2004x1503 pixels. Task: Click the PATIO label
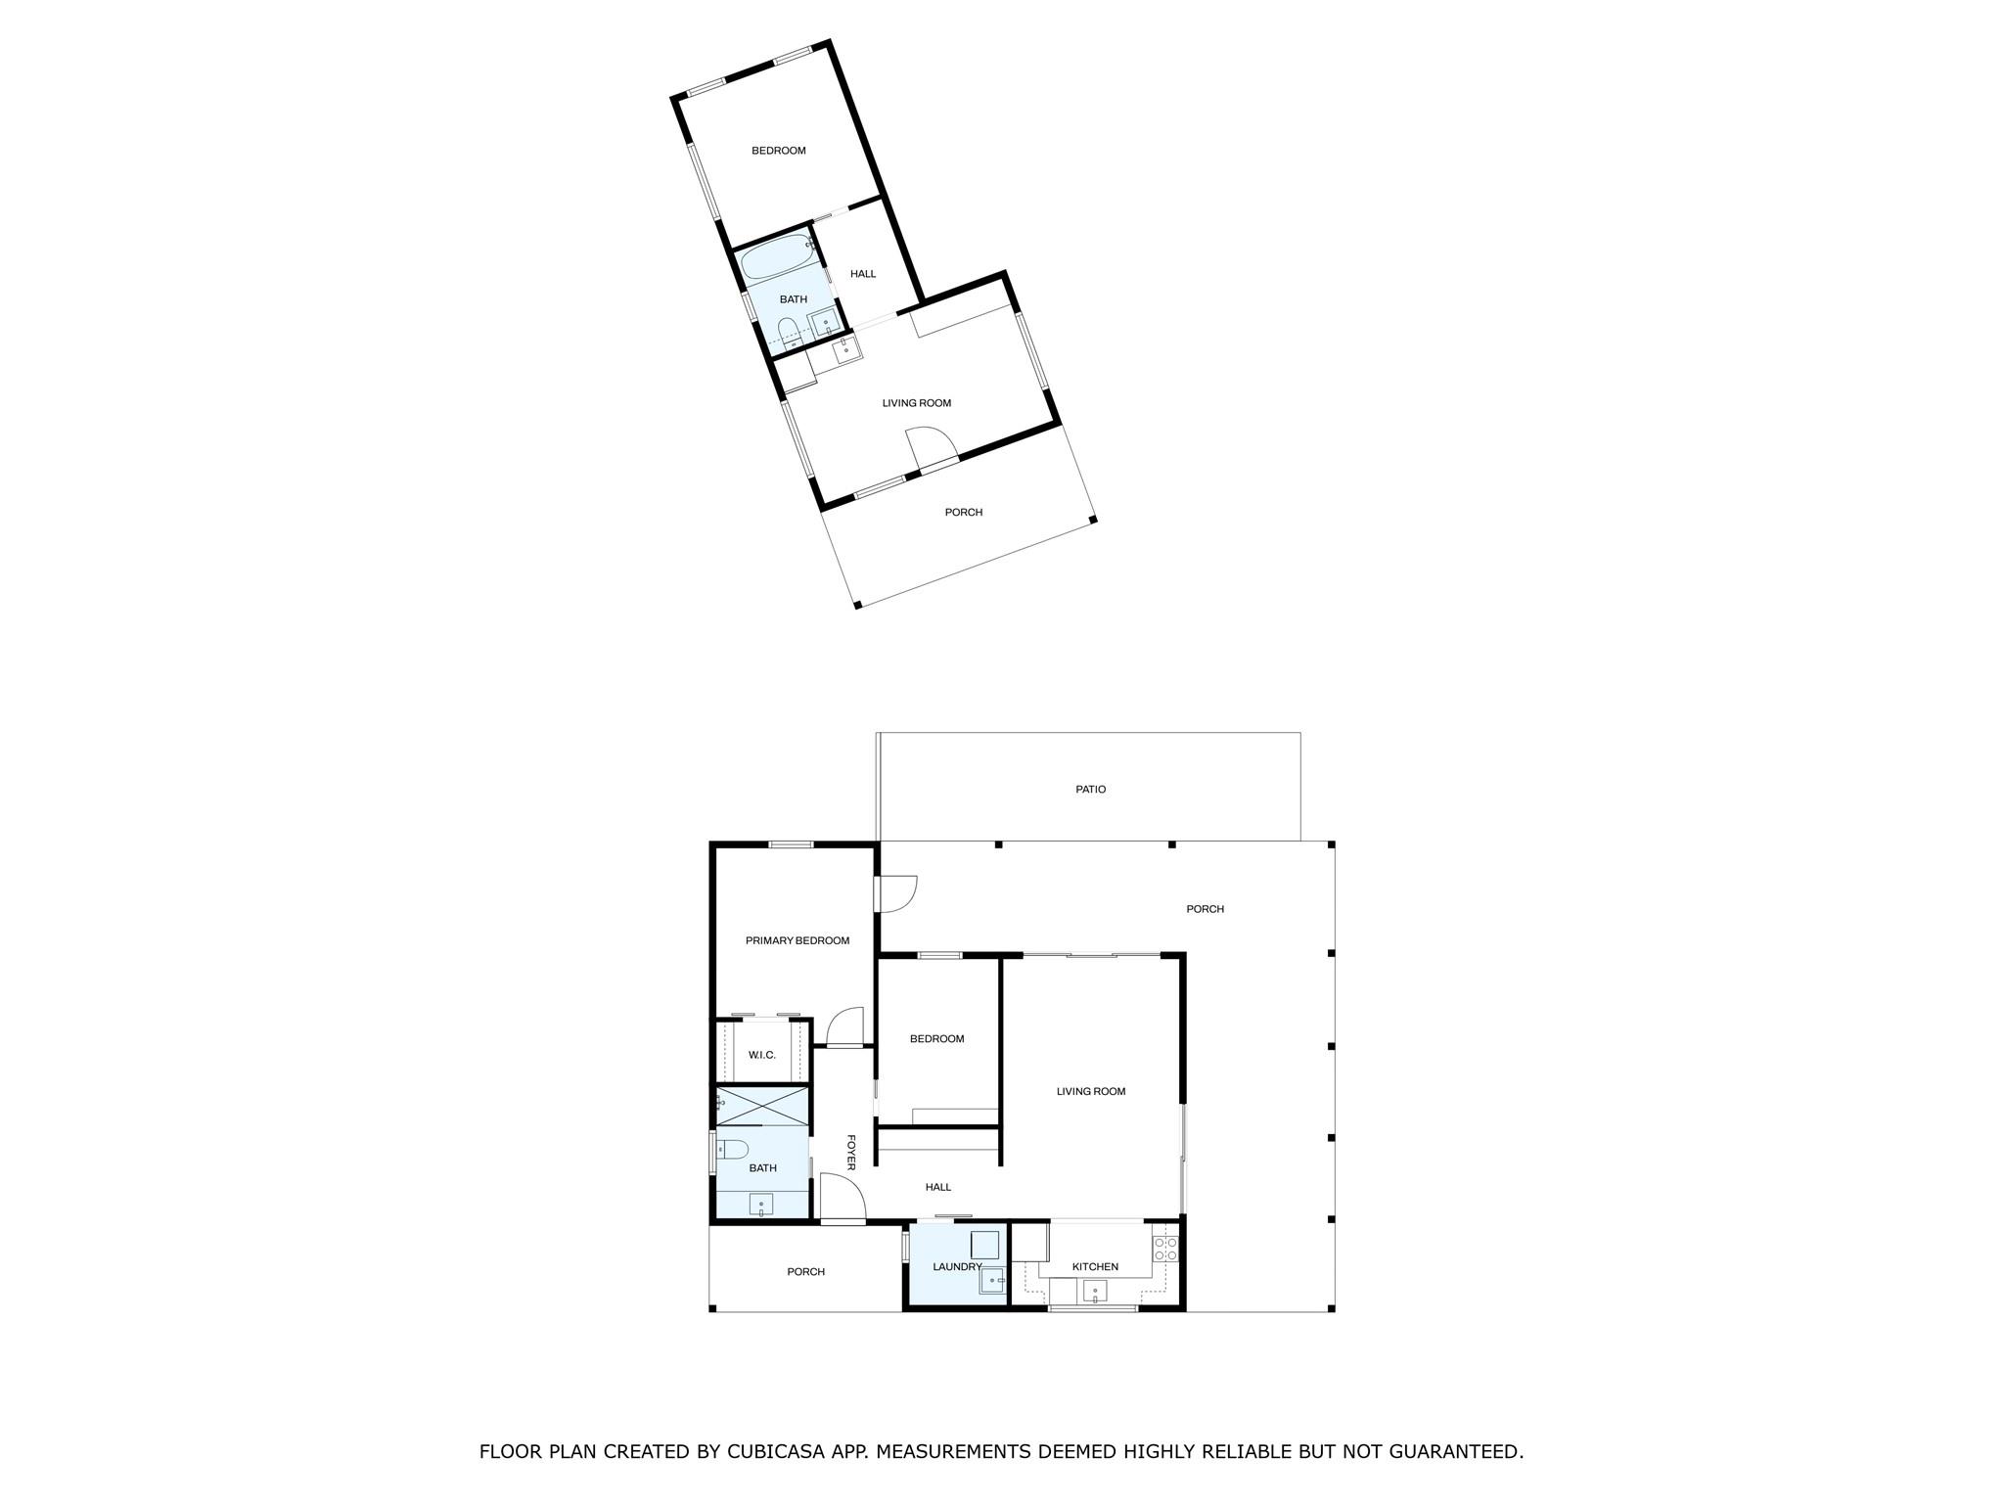pyautogui.click(x=1090, y=789)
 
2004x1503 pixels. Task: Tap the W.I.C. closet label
pyautogui.click(x=761, y=1055)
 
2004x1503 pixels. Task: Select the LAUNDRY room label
pyautogui.click(x=956, y=1266)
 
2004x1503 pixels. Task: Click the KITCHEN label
pyautogui.click(x=1094, y=1266)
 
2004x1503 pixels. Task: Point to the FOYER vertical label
pyautogui.click(x=850, y=1152)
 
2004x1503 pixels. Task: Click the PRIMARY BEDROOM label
pyautogui.click(x=797, y=940)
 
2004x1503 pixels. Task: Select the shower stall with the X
pyautogui.click(x=763, y=1107)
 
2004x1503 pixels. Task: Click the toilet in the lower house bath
pyautogui.click(x=734, y=1148)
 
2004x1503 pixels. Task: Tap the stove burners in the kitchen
pyautogui.click(x=1164, y=1248)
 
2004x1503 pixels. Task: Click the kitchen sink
pyautogui.click(x=1094, y=1293)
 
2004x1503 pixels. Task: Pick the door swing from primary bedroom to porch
pyautogui.click(x=897, y=892)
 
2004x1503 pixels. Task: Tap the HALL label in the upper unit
pyautogui.click(x=862, y=274)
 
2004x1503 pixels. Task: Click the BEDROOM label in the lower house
pyautogui.click(x=936, y=1038)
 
